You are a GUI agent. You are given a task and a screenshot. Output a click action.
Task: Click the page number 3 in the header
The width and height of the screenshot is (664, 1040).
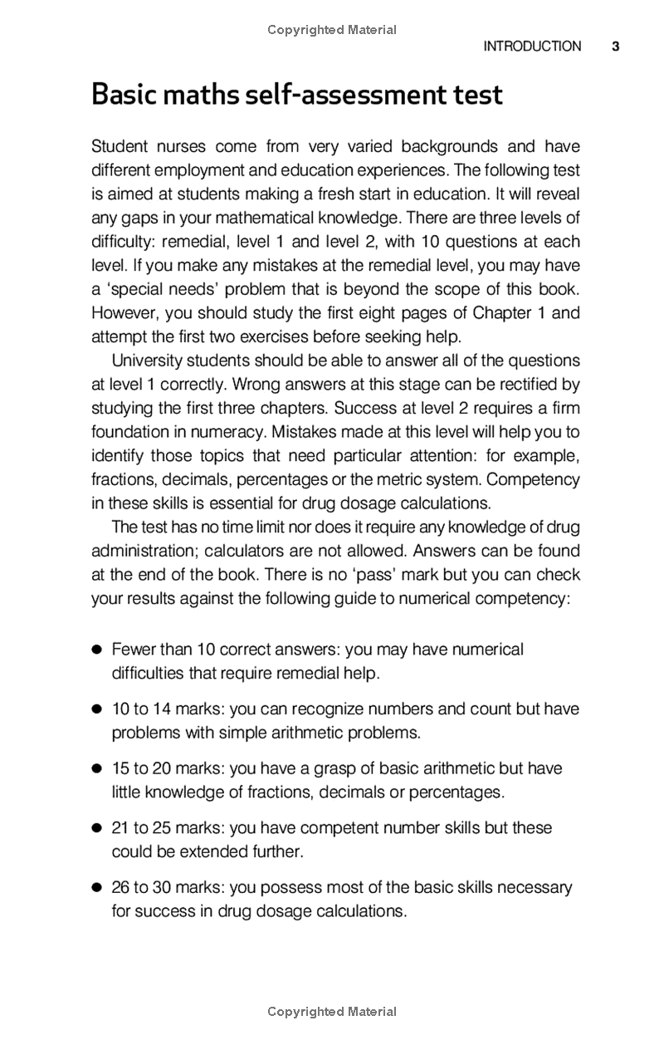616,47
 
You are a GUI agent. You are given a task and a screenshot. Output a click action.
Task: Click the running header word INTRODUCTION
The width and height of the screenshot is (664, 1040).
532,47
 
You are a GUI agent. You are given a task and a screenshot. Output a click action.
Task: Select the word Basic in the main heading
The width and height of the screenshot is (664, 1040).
124,95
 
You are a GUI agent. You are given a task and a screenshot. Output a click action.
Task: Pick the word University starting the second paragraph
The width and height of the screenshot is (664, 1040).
148,361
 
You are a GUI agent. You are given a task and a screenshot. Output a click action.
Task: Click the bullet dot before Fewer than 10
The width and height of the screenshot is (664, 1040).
96,650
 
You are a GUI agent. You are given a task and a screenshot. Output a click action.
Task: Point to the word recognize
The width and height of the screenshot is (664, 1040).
318,709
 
